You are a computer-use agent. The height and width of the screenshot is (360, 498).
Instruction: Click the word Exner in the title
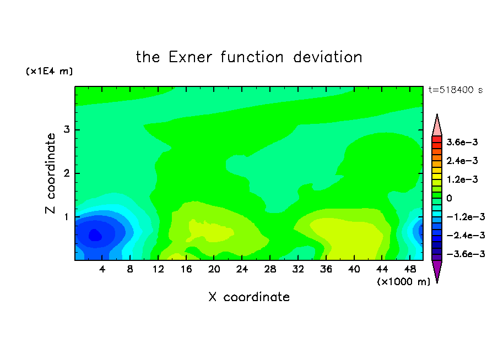[x=190, y=57]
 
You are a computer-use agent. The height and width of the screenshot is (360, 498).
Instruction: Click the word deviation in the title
[x=327, y=57]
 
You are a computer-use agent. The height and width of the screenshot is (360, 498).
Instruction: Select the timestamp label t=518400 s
[x=456, y=90]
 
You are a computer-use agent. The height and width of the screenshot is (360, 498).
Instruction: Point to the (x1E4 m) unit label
[x=49, y=71]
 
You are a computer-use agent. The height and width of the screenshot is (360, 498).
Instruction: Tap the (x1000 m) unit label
[x=403, y=282]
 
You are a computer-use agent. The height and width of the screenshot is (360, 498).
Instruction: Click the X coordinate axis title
[x=249, y=297]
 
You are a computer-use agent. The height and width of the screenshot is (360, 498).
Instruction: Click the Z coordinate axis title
[x=51, y=173]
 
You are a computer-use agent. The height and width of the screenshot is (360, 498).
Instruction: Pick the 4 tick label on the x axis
[x=102, y=269]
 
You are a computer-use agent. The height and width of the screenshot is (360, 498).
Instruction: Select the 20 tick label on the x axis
[x=214, y=269]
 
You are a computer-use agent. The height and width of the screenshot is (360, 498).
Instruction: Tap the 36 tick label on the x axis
[x=326, y=269]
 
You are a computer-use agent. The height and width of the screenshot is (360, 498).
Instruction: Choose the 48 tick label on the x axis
[x=410, y=269]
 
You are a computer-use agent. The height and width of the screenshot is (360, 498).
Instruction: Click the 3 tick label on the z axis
[x=67, y=129]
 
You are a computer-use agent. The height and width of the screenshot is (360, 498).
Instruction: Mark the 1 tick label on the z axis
[x=67, y=217]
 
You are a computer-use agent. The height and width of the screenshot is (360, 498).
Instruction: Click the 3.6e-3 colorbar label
[x=462, y=142]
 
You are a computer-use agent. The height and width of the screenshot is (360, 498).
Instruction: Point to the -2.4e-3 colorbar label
[x=465, y=235]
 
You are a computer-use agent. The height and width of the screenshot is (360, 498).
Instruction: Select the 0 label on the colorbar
[x=449, y=198]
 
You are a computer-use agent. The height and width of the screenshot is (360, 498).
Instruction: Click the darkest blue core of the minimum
[x=95, y=235]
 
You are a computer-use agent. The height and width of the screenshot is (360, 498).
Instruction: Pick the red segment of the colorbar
[x=437, y=139]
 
